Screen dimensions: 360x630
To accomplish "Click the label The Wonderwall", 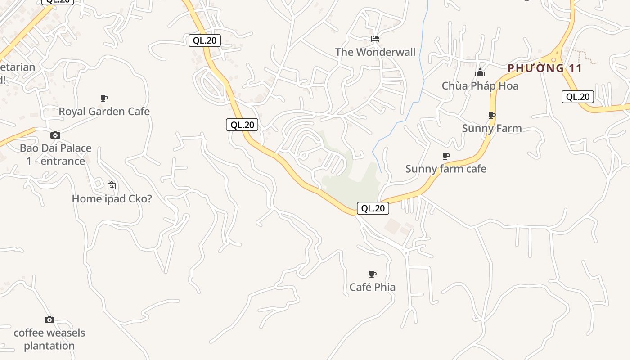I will point(375,52).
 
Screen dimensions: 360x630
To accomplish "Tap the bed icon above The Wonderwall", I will point(375,39).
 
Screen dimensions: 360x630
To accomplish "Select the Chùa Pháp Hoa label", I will point(480,86).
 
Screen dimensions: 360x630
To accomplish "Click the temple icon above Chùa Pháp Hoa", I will point(480,72).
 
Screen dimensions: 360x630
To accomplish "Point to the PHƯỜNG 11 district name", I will point(545,68).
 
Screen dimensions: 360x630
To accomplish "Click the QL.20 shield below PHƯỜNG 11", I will point(577,97).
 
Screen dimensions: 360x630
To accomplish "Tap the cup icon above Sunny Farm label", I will point(492,116).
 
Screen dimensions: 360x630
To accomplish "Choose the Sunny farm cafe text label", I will point(445,169).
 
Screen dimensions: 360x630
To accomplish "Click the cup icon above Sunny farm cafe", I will point(446,156).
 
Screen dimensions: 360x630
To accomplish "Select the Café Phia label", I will point(372,287).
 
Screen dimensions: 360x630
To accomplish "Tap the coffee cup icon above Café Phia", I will point(373,274).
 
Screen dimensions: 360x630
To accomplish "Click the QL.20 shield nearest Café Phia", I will point(373,208).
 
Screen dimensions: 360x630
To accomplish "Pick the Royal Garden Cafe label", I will point(104,112).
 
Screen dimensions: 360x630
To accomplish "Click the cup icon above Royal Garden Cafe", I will point(104,99).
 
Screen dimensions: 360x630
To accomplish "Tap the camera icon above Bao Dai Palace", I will point(55,135).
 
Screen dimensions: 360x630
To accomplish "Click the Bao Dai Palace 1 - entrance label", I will point(55,154).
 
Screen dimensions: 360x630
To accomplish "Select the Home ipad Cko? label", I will point(112,198).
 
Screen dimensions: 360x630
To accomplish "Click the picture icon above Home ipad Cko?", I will point(112,185).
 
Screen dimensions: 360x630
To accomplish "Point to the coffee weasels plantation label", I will point(49,339).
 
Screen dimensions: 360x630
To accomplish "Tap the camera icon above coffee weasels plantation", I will point(49,320).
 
